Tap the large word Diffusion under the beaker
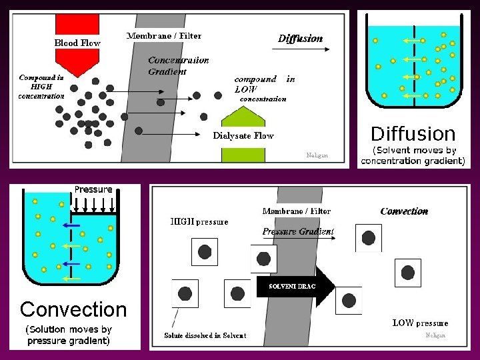pyautogui.click(x=413, y=133)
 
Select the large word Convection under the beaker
pyautogui.click(x=73, y=309)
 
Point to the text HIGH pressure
pyautogui.click(x=199, y=222)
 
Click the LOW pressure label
pyautogui.click(x=420, y=323)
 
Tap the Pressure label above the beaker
pyautogui.click(x=93, y=189)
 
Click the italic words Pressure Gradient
pyautogui.click(x=298, y=231)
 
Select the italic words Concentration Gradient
pyautogui.click(x=178, y=65)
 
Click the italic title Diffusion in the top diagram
pyautogui.click(x=301, y=39)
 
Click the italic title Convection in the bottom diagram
pyautogui.click(x=404, y=211)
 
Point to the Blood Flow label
pyautogui.click(x=77, y=43)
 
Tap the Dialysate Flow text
pyautogui.click(x=243, y=135)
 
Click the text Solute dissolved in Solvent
pyautogui.click(x=205, y=335)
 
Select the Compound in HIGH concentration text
pyautogui.click(x=41, y=86)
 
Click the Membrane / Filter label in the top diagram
pyautogui.click(x=164, y=35)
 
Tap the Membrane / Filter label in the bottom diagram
pyautogui.click(x=296, y=211)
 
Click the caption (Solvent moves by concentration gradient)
pyautogui.click(x=413, y=155)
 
